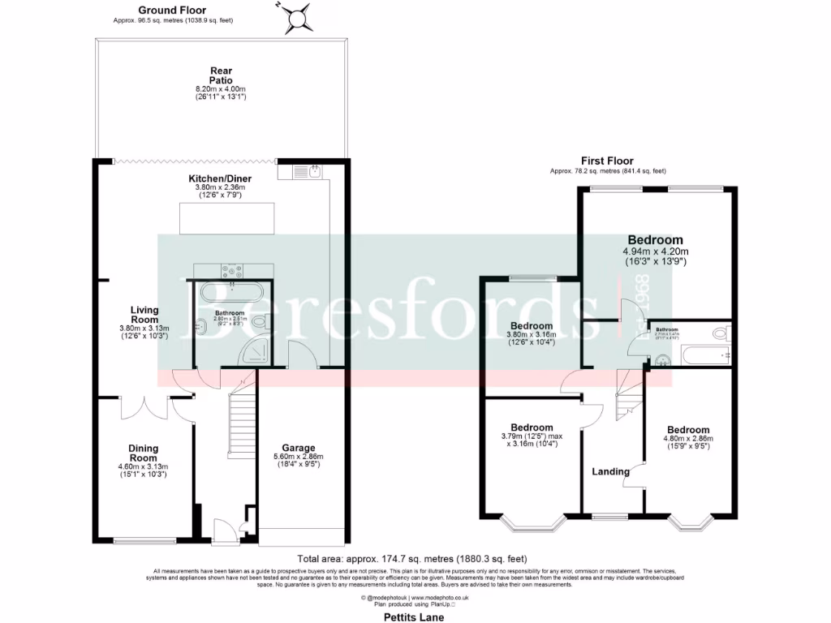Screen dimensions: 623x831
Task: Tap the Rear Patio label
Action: (x=221, y=75)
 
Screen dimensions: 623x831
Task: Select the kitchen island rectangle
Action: (x=226, y=218)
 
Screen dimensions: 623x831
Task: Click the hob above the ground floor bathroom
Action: (x=233, y=273)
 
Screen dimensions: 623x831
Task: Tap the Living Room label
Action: (x=144, y=315)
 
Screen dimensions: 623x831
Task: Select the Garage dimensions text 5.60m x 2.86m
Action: (x=299, y=457)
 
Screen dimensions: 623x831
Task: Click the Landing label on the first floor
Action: (x=610, y=471)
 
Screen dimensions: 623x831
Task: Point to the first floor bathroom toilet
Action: (x=720, y=333)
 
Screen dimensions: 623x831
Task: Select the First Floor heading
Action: (x=607, y=161)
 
